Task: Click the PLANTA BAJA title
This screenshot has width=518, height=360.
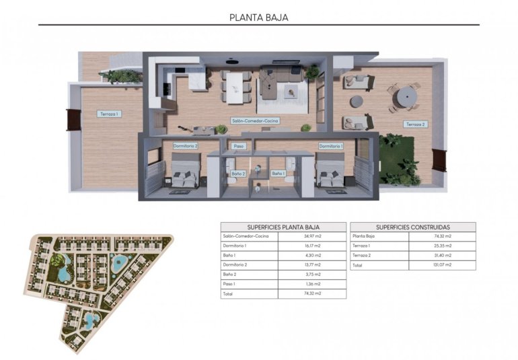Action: [258, 18]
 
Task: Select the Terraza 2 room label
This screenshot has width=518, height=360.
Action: [415, 124]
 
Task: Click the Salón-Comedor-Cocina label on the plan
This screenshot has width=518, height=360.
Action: [256, 121]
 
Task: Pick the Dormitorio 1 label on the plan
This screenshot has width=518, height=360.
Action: [331, 146]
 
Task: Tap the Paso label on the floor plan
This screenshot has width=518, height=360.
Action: [238, 146]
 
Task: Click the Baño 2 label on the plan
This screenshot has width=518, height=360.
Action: [238, 174]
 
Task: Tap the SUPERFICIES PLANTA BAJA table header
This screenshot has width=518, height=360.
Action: [283, 227]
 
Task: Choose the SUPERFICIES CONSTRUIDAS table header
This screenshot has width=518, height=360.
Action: [413, 227]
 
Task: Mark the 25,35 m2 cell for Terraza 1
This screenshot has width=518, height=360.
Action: [442, 246]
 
